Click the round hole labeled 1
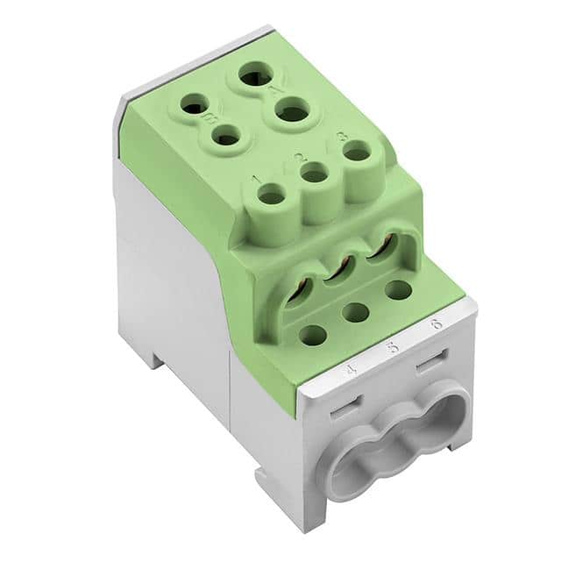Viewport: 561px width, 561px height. click(272, 196)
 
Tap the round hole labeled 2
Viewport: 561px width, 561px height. click(313, 174)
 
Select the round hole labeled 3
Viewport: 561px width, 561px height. click(355, 153)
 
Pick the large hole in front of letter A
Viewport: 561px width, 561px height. click(287, 112)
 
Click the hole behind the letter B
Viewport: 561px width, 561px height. click(195, 106)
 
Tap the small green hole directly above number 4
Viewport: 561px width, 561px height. click(313, 334)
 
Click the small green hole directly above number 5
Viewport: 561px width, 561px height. click(355, 311)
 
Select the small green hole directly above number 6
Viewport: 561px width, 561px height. click(397, 289)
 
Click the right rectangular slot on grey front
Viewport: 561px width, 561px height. click(429, 361)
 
